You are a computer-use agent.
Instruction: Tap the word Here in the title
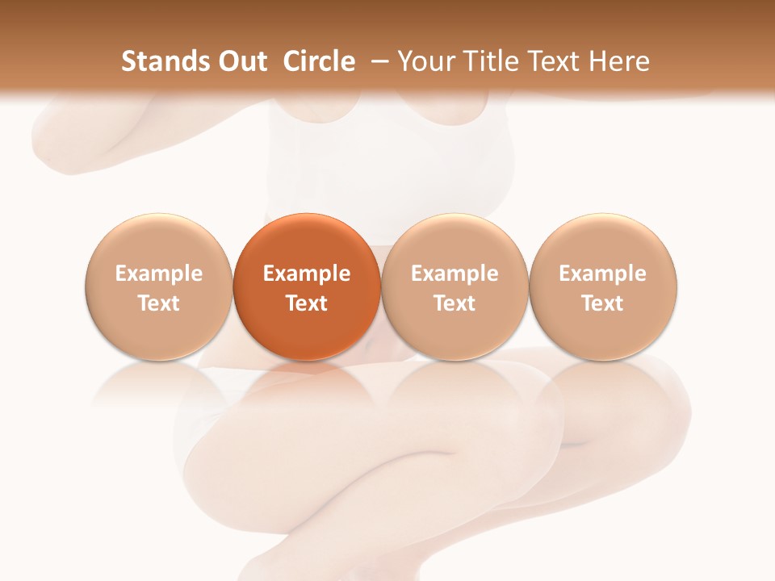[x=618, y=61]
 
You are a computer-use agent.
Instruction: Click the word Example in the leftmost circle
[x=158, y=274]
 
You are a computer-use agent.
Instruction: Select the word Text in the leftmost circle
[x=158, y=303]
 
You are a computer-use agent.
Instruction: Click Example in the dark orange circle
[x=307, y=274]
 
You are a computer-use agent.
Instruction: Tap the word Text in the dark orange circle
[x=307, y=303]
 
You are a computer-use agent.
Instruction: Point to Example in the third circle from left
[x=455, y=274]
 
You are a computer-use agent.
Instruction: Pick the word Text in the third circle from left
[x=455, y=303]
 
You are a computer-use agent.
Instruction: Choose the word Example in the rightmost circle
[x=602, y=274]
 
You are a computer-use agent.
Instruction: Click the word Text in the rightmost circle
[x=602, y=303]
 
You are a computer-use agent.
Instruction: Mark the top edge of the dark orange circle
[x=307, y=214]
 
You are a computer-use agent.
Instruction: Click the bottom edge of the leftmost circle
[x=158, y=360]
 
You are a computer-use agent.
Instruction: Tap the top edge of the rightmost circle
[x=602, y=214]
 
